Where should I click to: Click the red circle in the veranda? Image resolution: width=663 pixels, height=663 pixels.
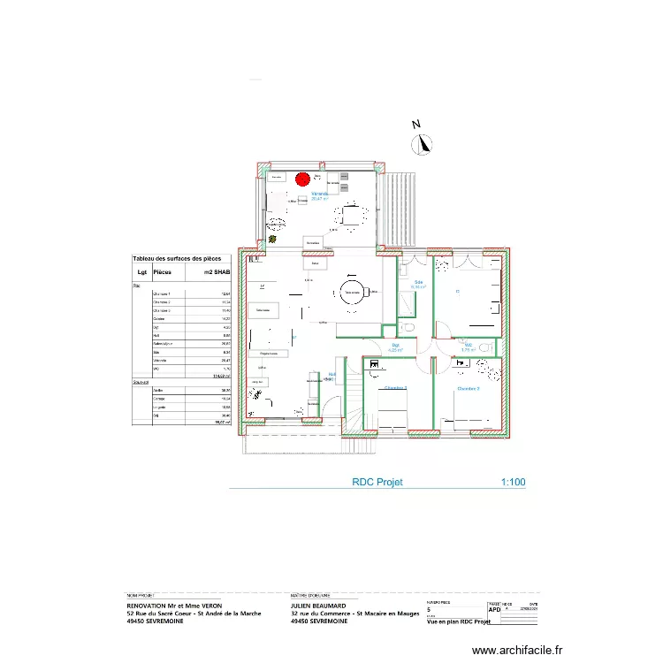(301, 179)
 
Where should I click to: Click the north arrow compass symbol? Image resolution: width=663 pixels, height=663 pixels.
(425, 144)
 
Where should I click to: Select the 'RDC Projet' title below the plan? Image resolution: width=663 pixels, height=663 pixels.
(377, 483)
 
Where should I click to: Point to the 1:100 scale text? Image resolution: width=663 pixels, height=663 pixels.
(513, 483)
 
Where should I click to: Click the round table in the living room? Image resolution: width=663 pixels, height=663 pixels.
(354, 293)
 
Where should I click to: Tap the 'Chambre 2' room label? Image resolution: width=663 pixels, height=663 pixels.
(469, 389)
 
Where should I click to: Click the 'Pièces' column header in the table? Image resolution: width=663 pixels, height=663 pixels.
(163, 273)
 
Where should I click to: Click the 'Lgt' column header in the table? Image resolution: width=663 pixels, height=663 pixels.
(141, 273)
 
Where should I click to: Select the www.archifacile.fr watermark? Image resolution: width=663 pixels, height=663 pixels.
(517, 650)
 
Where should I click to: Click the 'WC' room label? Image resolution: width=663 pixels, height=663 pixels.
(468, 345)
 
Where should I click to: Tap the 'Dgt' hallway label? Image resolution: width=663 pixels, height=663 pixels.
(396, 345)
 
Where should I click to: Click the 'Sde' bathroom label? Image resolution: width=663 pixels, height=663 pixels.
(418, 282)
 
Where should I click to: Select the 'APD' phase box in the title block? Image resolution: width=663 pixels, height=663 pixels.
(493, 608)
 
